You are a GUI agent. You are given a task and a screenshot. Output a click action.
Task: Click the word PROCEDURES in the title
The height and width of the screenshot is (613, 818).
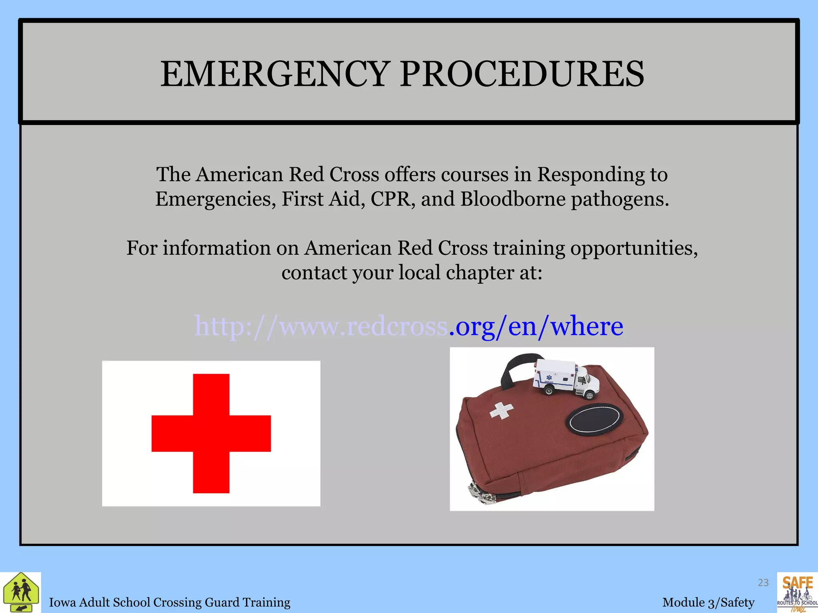tap(522, 74)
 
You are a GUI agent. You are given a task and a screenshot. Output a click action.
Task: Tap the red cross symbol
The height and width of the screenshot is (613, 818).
tap(211, 433)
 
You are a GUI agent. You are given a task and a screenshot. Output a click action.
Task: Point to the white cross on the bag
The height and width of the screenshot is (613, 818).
tap(502, 411)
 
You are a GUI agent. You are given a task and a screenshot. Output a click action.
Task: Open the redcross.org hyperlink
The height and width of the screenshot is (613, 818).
tap(408, 326)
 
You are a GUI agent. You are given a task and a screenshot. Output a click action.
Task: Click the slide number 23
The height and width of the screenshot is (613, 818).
tap(763, 583)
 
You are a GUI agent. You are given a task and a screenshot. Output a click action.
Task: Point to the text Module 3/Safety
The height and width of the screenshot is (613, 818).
tap(708, 602)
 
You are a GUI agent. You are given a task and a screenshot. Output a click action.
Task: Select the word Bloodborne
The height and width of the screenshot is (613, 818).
tap(513, 199)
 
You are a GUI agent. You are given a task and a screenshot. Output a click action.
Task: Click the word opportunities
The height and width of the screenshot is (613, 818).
tap(633, 248)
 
